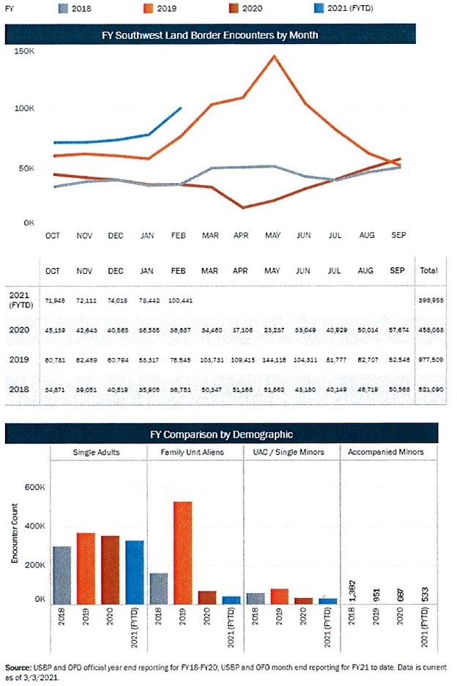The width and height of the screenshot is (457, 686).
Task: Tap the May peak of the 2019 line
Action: click(274, 56)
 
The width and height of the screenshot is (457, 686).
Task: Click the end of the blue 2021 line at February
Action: click(181, 108)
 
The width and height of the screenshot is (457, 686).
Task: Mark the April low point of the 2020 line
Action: click(242, 208)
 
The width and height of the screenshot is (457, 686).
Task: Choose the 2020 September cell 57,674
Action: click(397, 330)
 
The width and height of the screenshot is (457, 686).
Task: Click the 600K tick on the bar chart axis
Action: click(33, 487)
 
